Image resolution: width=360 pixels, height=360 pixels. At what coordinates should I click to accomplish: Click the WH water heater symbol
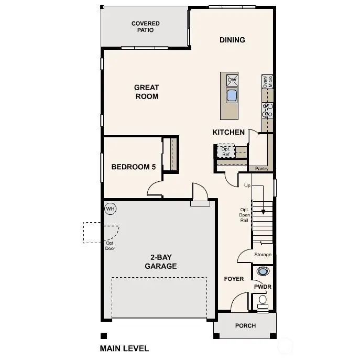(x=110, y=209)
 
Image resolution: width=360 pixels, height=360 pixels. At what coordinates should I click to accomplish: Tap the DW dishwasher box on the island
(x=232, y=80)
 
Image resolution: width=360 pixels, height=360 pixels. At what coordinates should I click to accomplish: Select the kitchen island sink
(x=232, y=95)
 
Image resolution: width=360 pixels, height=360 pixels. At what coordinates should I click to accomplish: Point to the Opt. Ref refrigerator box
(x=225, y=151)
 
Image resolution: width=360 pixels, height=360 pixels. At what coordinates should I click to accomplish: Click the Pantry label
(x=261, y=169)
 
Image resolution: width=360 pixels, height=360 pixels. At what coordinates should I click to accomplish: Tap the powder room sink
(x=262, y=271)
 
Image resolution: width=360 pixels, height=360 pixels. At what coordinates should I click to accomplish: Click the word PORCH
(x=245, y=326)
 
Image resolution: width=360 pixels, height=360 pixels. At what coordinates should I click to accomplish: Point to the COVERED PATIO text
(x=146, y=27)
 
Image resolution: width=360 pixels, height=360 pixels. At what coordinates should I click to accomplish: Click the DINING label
(x=232, y=40)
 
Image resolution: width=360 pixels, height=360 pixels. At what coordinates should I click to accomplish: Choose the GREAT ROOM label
(x=146, y=92)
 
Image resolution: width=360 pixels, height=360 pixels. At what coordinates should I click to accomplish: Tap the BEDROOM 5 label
(x=134, y=167)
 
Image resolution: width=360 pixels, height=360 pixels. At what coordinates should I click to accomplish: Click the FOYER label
(x=234, y=279)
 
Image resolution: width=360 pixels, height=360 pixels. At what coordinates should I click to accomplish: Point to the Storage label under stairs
(x=263, y=255)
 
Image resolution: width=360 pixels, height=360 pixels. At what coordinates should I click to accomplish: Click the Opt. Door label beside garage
(x=110, y=245)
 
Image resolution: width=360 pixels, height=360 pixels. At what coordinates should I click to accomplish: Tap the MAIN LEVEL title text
(x=124, y=348)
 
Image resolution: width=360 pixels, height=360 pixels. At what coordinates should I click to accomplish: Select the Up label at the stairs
(x=247, y=186)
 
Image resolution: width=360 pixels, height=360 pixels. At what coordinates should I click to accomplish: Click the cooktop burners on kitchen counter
(x=268, y=109)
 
